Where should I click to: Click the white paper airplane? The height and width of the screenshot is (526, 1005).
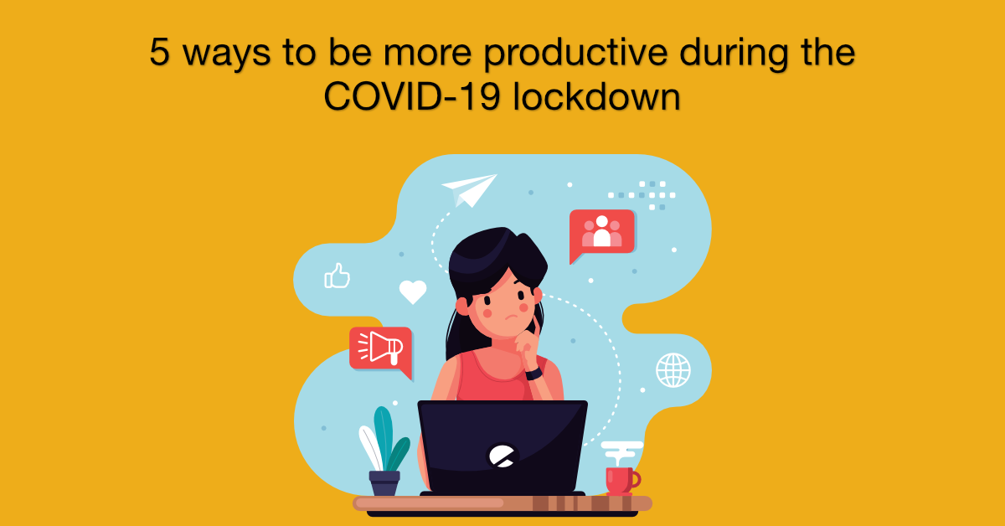point(470,189)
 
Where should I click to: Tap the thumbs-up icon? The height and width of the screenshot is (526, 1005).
point(337,276)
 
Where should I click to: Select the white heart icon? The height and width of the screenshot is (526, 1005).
point(413,291)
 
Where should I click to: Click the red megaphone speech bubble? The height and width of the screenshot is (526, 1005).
point(381,350)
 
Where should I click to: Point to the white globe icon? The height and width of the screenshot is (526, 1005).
point(673,370)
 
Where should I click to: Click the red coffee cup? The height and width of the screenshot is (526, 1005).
point(621,481)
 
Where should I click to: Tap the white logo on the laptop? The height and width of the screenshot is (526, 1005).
point(502,456)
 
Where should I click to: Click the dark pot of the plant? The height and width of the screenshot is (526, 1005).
point(384,483)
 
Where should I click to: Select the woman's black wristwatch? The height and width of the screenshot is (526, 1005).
point(534,374)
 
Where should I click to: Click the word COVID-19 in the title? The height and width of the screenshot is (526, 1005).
point(412,96)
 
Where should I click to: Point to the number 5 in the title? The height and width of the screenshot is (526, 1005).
point(160,52)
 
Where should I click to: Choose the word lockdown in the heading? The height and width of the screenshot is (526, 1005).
point(596,96)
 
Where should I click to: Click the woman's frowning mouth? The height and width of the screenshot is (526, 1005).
point(512,317)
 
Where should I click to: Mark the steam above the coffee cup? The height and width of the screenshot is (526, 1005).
point(621,452)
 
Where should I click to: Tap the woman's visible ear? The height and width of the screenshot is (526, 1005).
point(462,307)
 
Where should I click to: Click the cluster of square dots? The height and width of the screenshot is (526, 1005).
point(642,195)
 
